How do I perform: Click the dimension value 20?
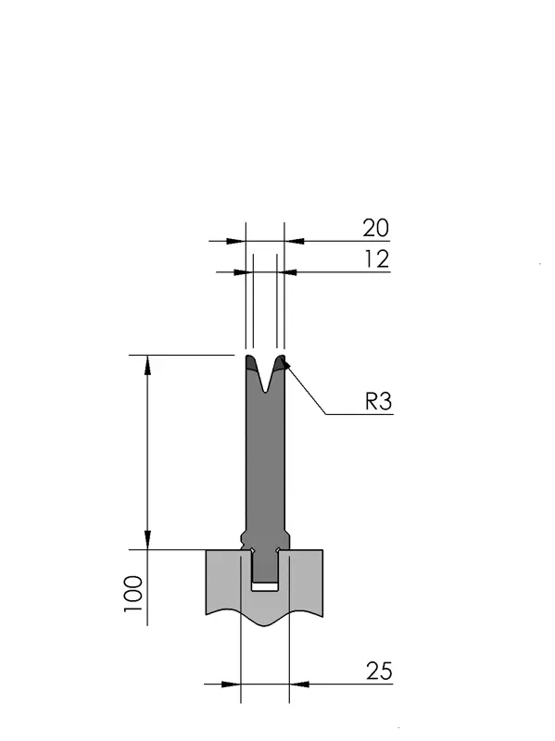coord(376,228)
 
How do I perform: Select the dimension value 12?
coord(377,259)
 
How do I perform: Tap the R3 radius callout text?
coord(379,402)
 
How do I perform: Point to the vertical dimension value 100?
coord(133,594)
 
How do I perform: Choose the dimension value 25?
coord(379,671)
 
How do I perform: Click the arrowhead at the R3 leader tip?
coord(285,365)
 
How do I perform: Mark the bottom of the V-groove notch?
coord(267,391)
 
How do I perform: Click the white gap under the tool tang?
coord(265,586)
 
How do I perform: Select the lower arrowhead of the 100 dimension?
coord(147,540)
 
